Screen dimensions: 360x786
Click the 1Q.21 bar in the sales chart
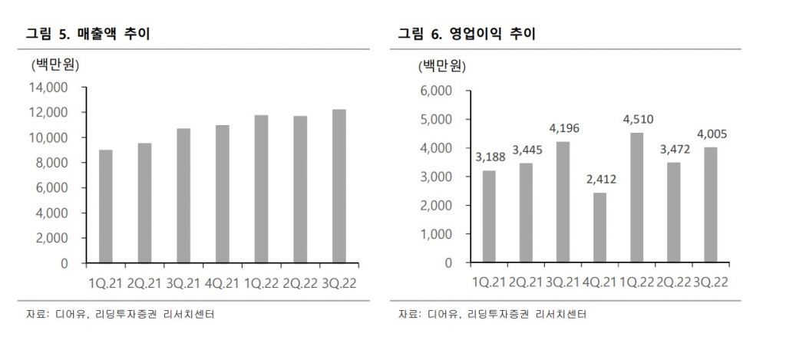pos(106,206)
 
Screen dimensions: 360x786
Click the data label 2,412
pos(599,180)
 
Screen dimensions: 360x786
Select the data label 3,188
pos(490,157)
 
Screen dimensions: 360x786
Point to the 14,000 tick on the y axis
pos(48,88)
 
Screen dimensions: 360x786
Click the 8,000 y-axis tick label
pos(52,163)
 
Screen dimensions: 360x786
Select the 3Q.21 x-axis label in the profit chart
pos(563,282)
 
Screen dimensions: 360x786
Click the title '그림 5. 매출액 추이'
pos(88,34)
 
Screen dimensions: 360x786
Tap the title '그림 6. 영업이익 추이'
pos(467,34)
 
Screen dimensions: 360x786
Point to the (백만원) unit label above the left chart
pos(55,64)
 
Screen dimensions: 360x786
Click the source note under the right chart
pos(495,315)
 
